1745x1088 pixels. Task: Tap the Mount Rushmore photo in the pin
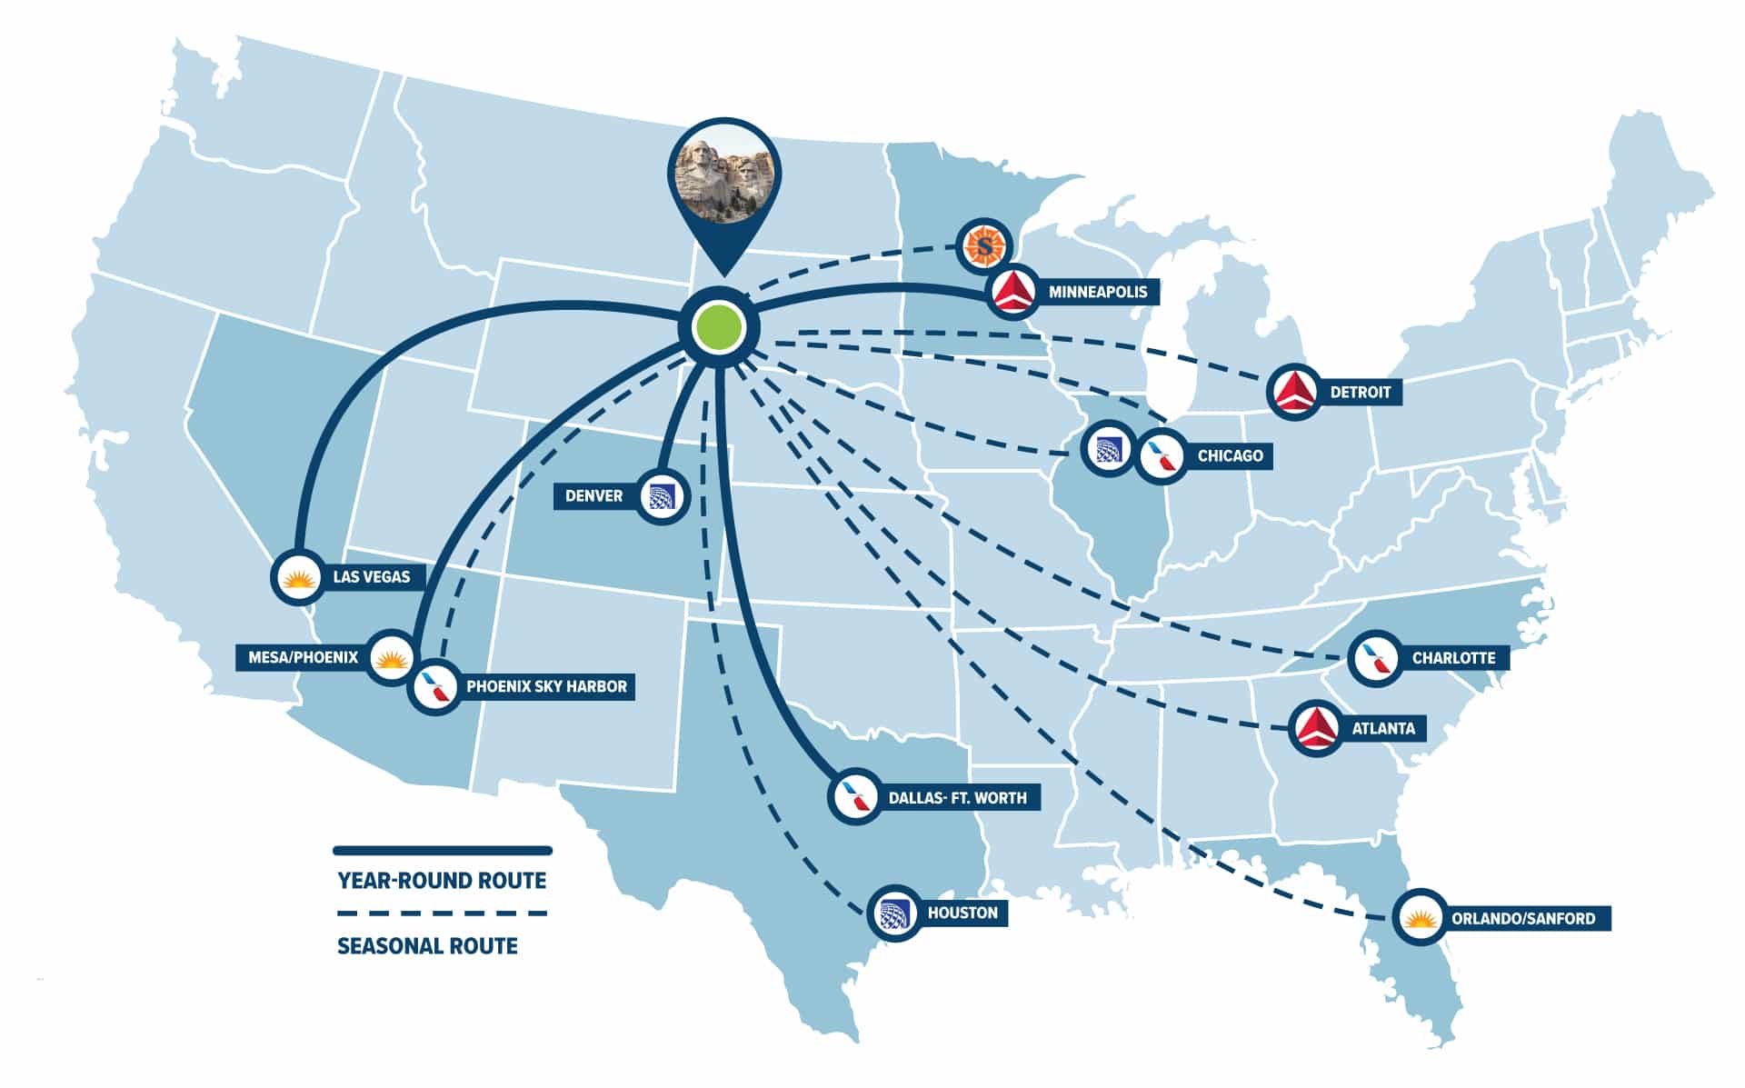point(724,177)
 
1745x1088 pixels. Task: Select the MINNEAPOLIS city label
point(1098,293)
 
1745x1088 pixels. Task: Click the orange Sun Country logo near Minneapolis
point(984,245)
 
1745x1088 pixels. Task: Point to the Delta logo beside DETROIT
point(1294,392)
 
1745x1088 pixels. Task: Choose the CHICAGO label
point(1230,456)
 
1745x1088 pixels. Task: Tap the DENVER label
point(594,496)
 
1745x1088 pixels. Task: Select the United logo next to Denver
point(662,496)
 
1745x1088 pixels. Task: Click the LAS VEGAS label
point(371,577)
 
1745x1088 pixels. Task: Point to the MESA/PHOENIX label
point(303,657)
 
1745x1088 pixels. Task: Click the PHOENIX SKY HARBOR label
point(546,687)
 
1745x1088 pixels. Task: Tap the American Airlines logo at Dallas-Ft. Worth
point(854,797)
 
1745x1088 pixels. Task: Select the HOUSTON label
point(962,913)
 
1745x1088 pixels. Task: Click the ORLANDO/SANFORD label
point(1522,919)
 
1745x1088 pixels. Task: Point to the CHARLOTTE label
point(1453,658)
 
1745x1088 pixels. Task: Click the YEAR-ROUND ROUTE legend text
point(442,881)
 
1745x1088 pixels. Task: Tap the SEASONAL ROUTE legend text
point(427,946)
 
